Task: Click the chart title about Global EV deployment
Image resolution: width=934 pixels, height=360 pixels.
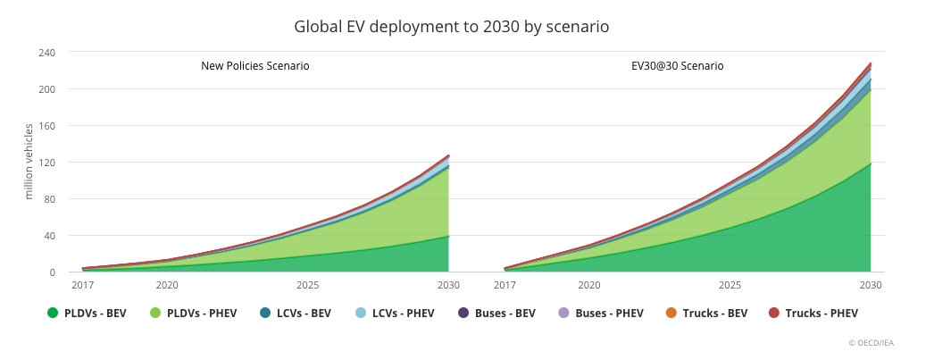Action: pyautogui.click(x=451, y=27)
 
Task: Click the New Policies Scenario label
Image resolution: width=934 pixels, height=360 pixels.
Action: pyautogui.click(x=254, y=66)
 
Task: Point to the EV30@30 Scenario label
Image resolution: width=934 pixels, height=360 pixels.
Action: pyautogui.click(x=671, y=66)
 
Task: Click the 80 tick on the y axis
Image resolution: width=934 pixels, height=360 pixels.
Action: pyautogui.click(x=49, y=199)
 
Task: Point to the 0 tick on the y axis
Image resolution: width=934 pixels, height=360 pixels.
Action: pyautogui.click(x=52, y=272)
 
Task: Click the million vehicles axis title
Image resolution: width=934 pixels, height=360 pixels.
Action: pyautogui.click(x=29, y=162)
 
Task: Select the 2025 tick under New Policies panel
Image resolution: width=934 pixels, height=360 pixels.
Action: pyautogui.click(x=308, y=286)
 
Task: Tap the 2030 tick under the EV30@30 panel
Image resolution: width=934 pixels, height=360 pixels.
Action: pyautogui.click(x=871, y=286)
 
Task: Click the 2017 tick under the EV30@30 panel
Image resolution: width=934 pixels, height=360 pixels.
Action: pyautogui.click(x=505, y=286)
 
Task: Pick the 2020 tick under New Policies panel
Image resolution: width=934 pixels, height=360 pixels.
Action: pyautogui.click(x=166, y=286)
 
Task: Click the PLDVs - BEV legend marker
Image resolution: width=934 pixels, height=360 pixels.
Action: pyautogui.click(x=52, y=313)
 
